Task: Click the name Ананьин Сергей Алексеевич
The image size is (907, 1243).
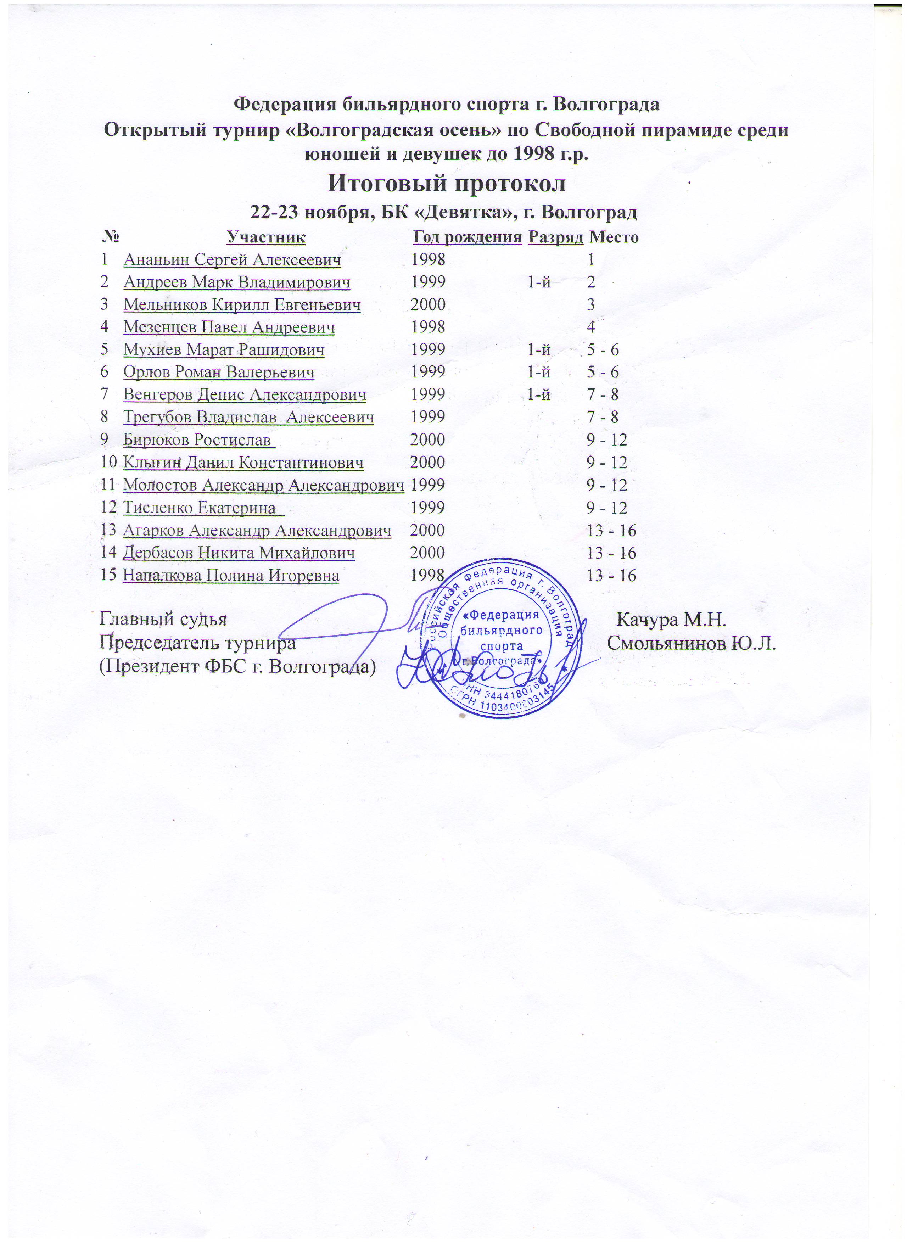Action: pyautogui.click(x=232, y=260)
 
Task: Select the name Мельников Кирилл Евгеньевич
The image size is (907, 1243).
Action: pyautogui.click(x=242, y=305)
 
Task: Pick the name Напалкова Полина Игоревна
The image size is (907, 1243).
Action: pyautogui.click(x=231, y=576)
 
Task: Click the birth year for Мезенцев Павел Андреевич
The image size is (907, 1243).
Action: pyautogui.click(x=428, y=328)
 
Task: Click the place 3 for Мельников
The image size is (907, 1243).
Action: pyautogui.click(x=591, y=305)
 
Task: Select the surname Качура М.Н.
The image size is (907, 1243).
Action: pyautogui.click(x=672, y=620)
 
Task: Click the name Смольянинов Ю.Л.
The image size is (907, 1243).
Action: pyautogui.click(x=692, y=644)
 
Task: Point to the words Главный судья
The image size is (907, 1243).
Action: pyautogui.click(x=163, y=620)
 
